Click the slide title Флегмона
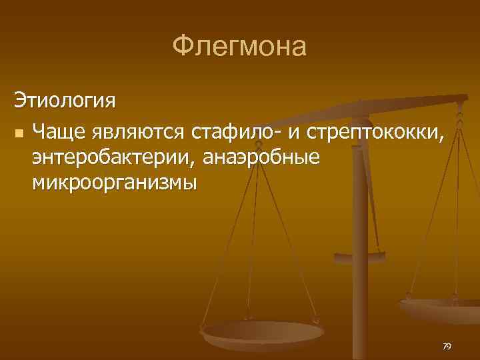239,47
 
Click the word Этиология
65,102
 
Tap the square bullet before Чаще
18,133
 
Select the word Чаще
59,132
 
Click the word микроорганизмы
114,181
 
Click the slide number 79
447,346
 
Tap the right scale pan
443,309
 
